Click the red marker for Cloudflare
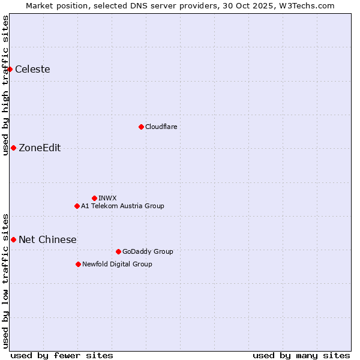point(141,127)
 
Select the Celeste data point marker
point(10,70)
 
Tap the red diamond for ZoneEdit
point(13,148)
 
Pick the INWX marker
point(94,198)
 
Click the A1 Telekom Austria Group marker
point(77,206)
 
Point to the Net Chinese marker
point(13,239)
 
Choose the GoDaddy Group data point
point(118,251)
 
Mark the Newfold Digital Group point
point(78,264)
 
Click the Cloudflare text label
point(161,127)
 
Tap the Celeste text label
point(32,70)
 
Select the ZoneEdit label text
point(40,148)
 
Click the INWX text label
point(107,198)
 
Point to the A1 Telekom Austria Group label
point(122,206)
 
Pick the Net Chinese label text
point(47,240)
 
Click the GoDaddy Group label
point(148,251)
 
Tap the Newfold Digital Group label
point(117,264)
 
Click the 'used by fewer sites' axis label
point(62,355)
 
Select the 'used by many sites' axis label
point(301,355)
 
